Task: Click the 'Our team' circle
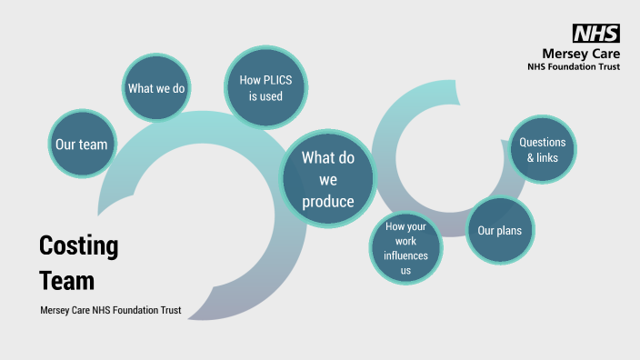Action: (81, 145)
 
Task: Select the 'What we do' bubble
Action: (157, 88)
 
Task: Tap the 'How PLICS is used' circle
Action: (266, 88)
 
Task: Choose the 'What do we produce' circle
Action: (328, 179)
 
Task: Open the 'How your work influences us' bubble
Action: (405, 248)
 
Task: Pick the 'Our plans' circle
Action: (499, 230)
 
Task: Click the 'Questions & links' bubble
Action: (542, 150)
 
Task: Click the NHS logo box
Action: (595, 34)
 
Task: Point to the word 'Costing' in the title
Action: (78, 246)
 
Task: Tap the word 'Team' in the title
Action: (66, 280)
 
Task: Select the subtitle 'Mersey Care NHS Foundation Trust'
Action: (111, 311)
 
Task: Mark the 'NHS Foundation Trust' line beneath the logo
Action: (574, 66)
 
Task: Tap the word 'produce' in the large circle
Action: (328, 201)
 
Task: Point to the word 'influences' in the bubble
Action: (405, 255)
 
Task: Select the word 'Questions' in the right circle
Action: (542, 142)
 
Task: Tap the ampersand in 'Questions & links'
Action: (531, 158)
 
